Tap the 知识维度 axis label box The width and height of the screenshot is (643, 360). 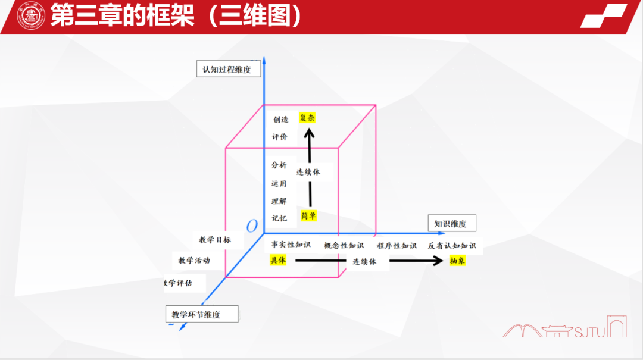coord(451,224)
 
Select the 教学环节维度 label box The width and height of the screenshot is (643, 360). coord(201,314)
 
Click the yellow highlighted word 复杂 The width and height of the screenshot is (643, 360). coord(307,118)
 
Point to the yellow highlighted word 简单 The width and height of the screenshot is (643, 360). coord(308,215)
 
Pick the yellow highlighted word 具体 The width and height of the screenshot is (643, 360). coord(278,260)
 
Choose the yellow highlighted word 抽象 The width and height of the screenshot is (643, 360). coord(457,261)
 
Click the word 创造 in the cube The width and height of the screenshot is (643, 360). coord(281,119)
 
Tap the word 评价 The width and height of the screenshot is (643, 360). coord(280,137)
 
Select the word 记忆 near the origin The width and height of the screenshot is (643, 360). coord(279,218)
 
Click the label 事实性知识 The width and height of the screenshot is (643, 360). coord(291,245)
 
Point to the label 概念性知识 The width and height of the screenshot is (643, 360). coord(344,245)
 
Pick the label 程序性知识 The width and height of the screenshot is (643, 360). coord(397,245)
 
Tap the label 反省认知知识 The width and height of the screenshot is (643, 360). coord(452,245)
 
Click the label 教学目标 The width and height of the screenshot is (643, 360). coord(215,240)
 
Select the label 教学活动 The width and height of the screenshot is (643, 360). coord(194,261)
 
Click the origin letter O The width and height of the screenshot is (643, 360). coord(252,226)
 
